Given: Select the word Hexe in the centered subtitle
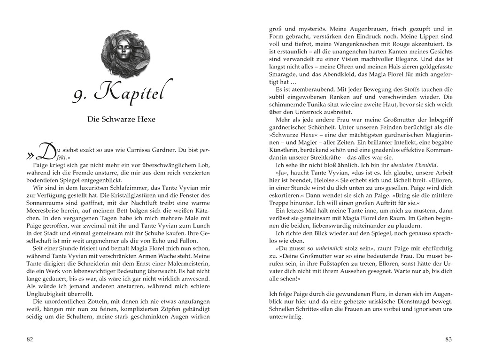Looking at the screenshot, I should coord(146,119).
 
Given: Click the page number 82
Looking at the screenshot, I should coord(30,339).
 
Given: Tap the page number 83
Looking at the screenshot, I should coord(448,339).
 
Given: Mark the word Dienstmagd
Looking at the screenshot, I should coord(397,301).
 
